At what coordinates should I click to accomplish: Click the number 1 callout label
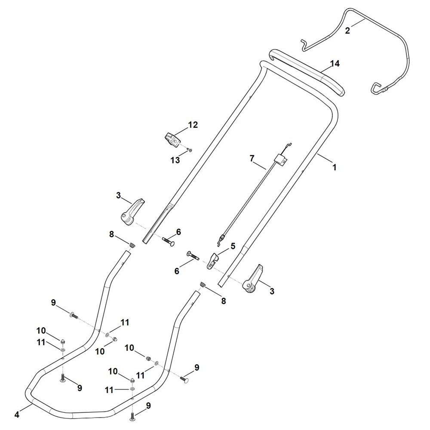[334, 167]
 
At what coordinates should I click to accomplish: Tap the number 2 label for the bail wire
[347, 31]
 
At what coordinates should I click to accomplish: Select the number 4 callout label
[17, 415]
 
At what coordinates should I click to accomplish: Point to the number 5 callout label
[233, 246]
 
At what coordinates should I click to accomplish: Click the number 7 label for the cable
[252, 158]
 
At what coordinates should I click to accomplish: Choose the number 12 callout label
[193, 125]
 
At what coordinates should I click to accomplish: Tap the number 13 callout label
[175, 160]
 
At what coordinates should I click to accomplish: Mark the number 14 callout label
[335, 64]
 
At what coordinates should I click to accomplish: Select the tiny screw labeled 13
[190, 150]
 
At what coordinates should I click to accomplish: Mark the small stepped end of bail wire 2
[304, 46]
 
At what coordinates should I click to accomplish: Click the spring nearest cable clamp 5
[203, 285]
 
